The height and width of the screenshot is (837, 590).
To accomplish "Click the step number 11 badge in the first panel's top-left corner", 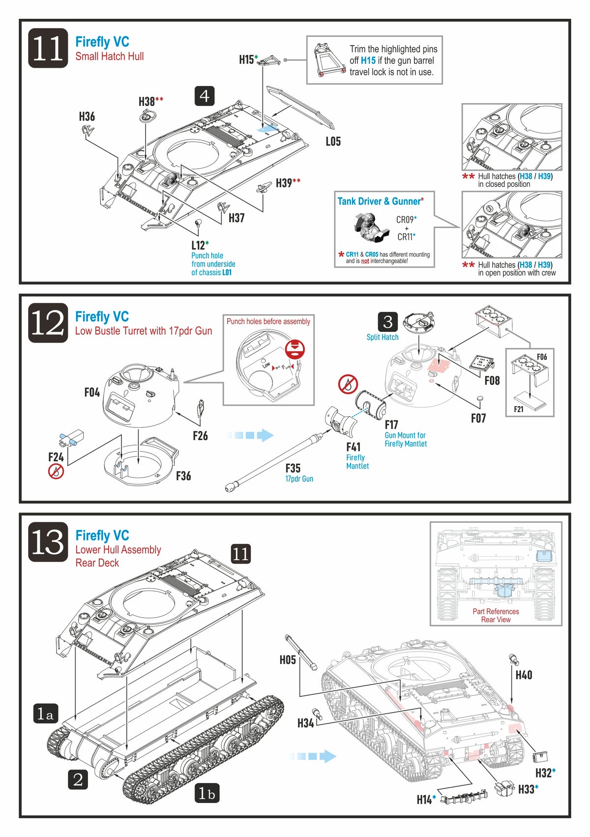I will point(48,48).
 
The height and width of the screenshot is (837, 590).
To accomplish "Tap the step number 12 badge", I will point(48,323).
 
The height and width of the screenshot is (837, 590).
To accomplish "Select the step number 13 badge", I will point(48,541).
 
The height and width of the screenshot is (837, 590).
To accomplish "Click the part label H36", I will point(87,117).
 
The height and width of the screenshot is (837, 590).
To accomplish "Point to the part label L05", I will point(333,142).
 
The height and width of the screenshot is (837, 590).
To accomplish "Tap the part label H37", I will point(236,218).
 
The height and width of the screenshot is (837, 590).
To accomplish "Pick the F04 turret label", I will point(92,392).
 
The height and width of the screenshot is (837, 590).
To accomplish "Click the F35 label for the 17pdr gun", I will point(293,468).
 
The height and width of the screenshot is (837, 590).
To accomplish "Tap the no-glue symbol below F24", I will point(56,472).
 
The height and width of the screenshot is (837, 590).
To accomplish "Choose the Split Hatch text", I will point(382,337).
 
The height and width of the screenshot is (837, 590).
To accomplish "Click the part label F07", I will point(478,418).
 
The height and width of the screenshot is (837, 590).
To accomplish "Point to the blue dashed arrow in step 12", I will point(250,435).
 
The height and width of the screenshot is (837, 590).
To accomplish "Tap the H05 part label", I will point(288,660).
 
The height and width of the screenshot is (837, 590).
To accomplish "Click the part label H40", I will point(524,675).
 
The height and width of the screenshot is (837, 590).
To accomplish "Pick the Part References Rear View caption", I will point(496,615).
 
